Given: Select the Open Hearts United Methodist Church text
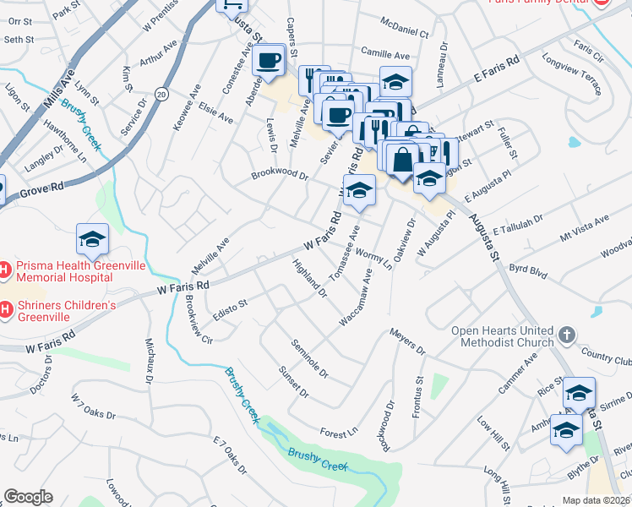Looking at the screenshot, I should pyautogui.click(x=502, y=336).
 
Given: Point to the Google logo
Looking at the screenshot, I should pyautogui.click(x=28, y=497).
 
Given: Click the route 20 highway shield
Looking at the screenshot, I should pyautogui.click(x=161, y=95).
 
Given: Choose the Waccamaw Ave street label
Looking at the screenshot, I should pyautogui.click(x=356, y=297).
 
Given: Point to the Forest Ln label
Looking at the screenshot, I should pyautogui.click(x=339, y=433).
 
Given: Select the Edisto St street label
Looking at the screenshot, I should pyautogui.click(x=229, y=303).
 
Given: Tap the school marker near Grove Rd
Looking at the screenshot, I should pyautogui.click(x=92, y=240).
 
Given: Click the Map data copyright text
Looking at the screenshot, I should pyautogui.click(x=597, y=500).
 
